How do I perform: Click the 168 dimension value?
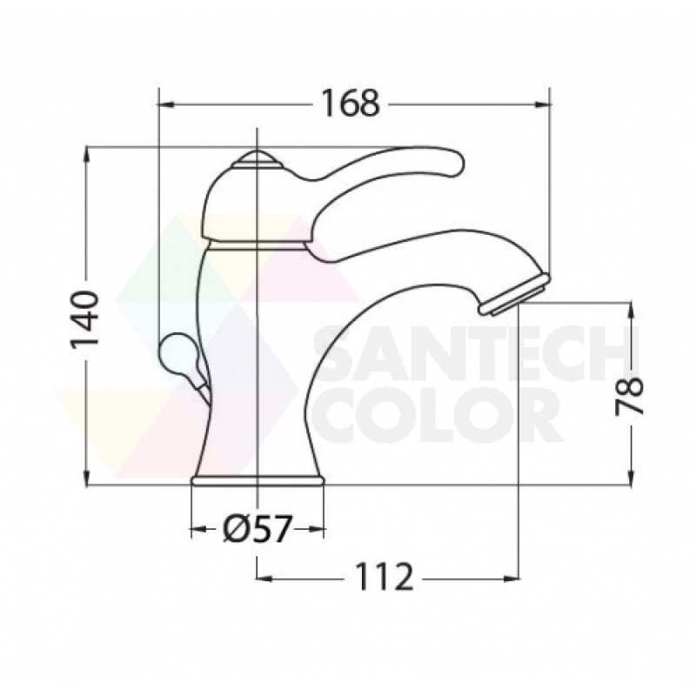(351, 104)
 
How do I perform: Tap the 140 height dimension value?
(84, 319)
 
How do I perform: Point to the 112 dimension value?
(385, 577)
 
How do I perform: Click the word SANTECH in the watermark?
(476, 353)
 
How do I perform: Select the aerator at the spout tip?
(515, 295)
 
